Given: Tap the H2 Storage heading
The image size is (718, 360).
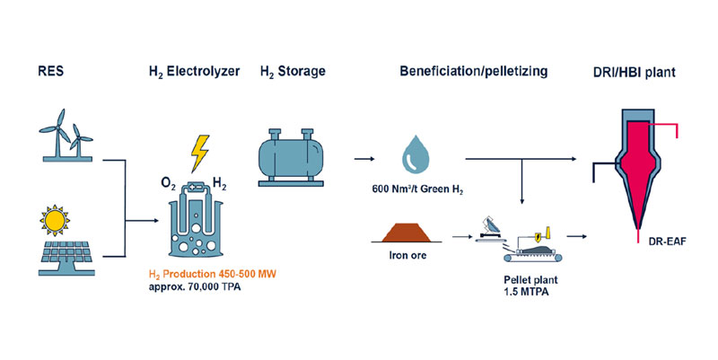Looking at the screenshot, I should click(x=293, y=71).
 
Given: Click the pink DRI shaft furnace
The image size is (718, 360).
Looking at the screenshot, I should click(x=641, y=166).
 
